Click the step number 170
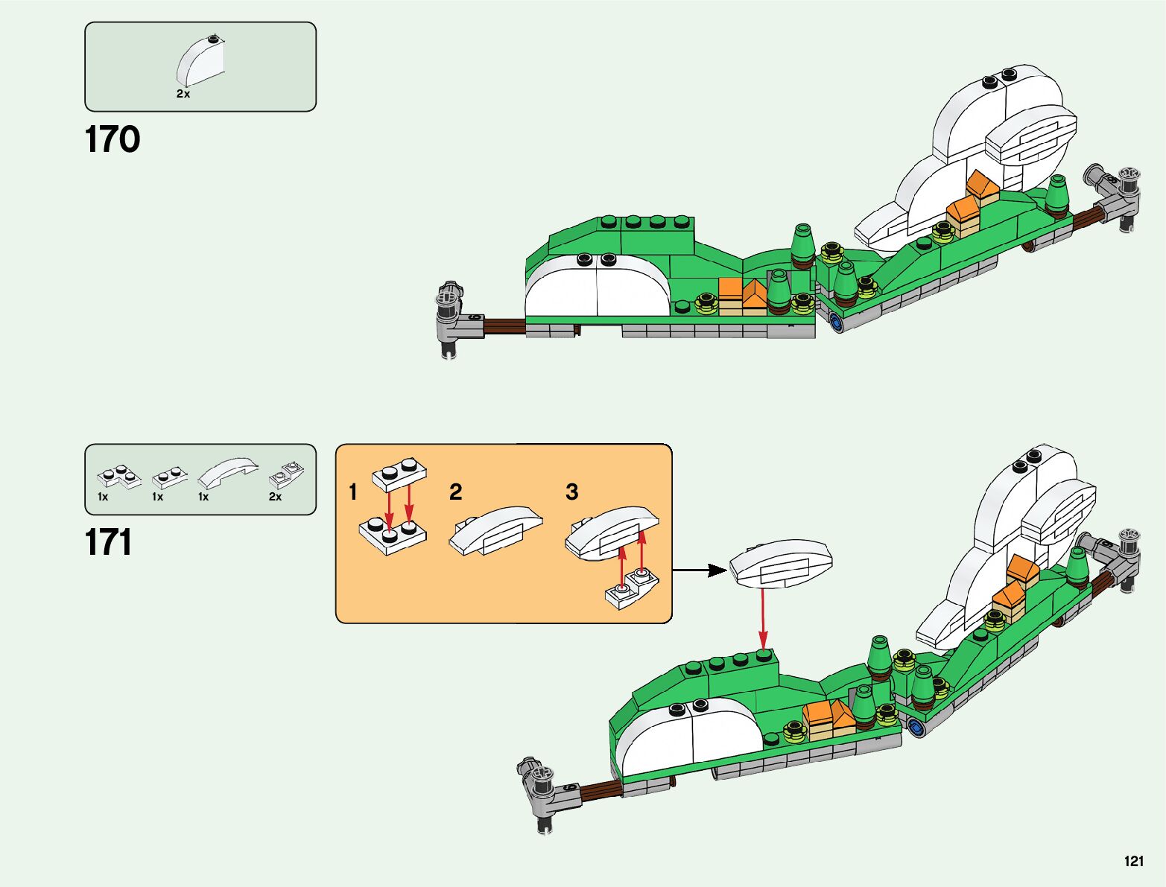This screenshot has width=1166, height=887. (x=113, y=140)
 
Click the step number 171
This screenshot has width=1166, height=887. (x=109, y=543)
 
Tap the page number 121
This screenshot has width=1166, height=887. (x=1133, y=861)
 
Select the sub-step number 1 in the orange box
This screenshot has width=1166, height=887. (x=353, y=492)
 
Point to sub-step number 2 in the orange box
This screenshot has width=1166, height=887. (x=455, y=492)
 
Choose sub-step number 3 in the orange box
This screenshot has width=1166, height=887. (x=571, y=492)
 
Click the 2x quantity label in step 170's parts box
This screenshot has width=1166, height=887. (x=183, y=94)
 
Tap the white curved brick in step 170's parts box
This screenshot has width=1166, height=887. (x=200, y=61)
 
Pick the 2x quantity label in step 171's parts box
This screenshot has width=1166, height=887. (x=275, y=497)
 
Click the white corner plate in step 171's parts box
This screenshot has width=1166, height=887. (x=118, y=477)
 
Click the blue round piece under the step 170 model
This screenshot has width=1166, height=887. (x=836, y=322)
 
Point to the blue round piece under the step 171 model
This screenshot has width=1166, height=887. (x=918, y=727)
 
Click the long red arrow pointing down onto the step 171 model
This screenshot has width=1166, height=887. (x=763, y=618)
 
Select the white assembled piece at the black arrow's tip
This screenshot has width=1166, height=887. (x=779, y=564)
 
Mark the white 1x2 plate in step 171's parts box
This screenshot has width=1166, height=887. (x=169, y=477)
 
